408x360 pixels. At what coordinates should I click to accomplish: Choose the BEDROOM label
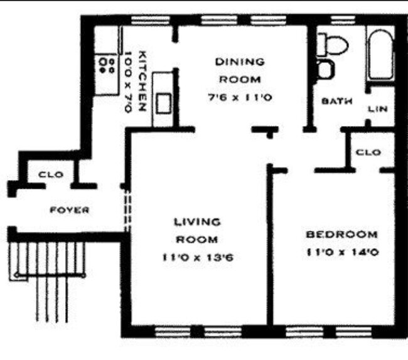click(341, 235)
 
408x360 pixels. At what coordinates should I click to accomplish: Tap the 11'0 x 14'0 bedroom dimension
click(341, 253)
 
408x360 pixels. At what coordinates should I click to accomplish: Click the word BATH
click(336, 100)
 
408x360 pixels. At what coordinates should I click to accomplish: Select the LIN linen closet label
click(377, 109)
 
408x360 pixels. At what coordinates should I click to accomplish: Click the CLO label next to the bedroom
click(368, 152)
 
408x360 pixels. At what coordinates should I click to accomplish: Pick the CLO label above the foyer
click(50, 174)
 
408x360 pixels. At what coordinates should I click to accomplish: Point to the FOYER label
click(69, 209)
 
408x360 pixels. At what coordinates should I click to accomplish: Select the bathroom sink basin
click(325, 69)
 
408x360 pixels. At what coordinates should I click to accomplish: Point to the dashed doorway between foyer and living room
click(127, 209)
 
